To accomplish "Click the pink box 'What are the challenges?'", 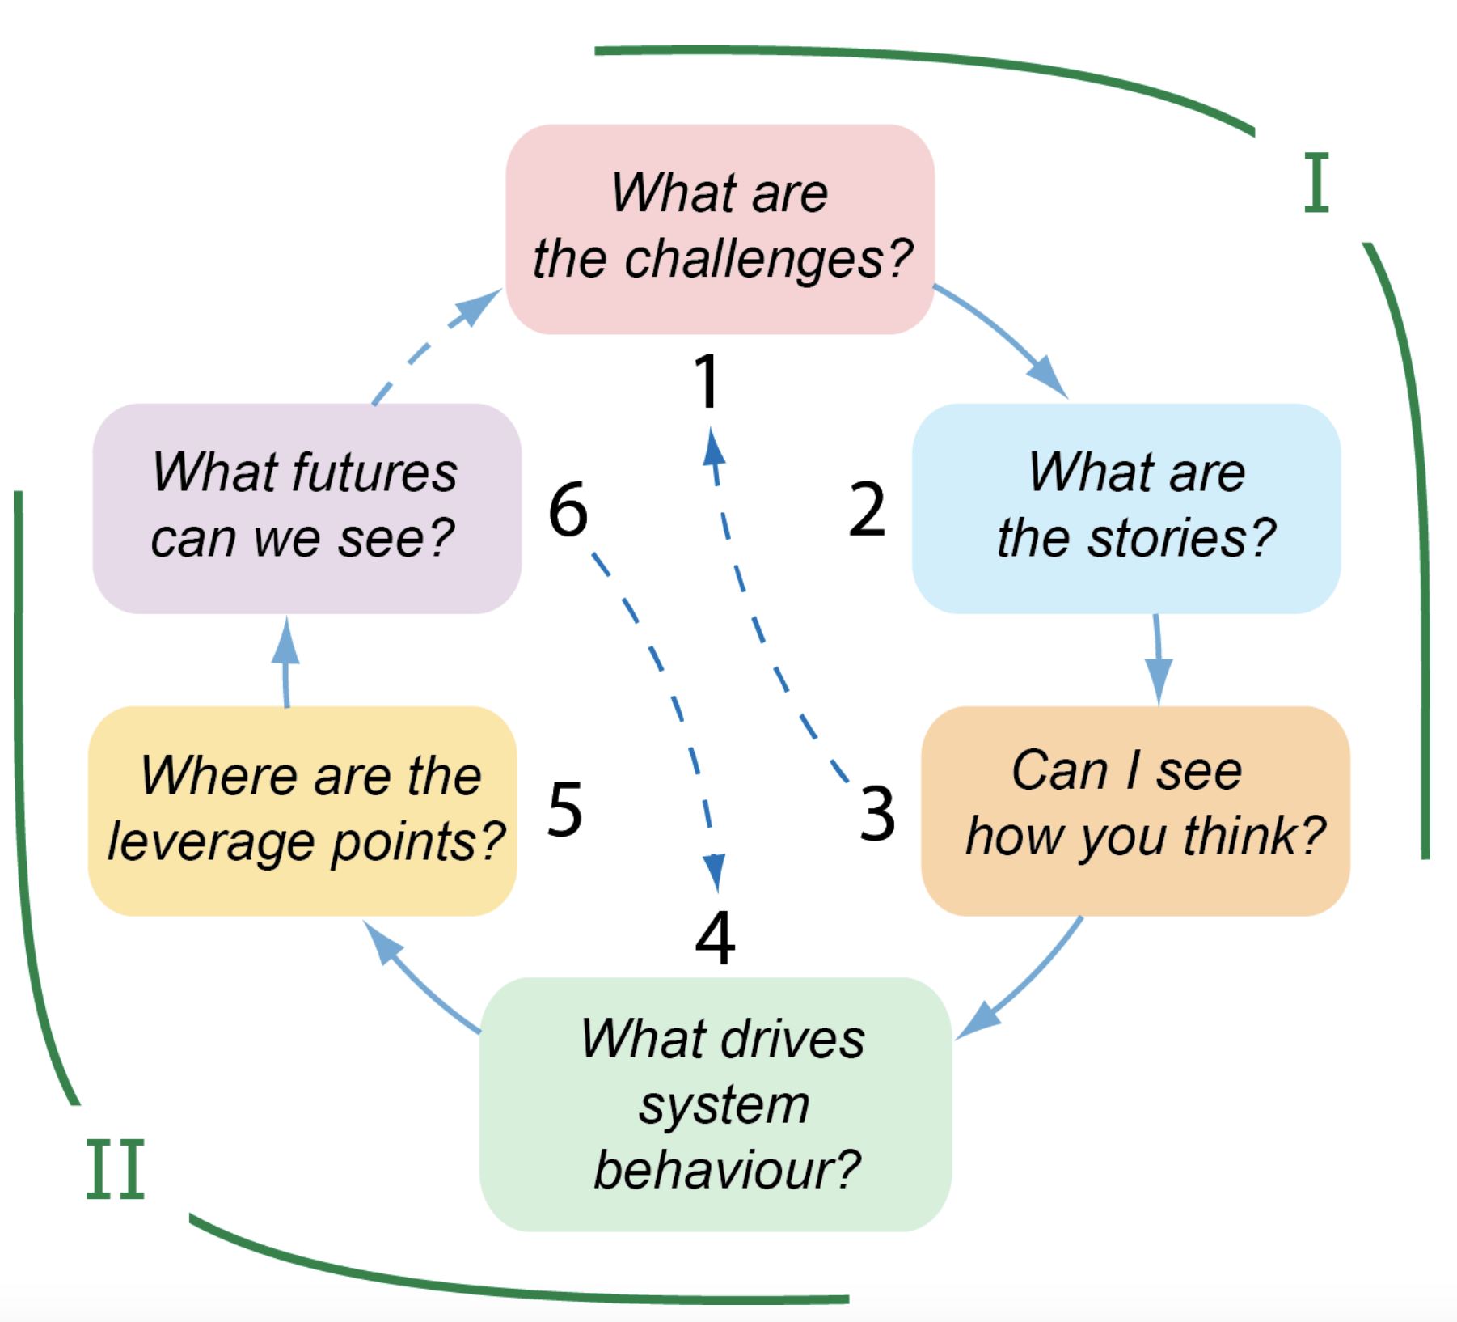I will [x=720, y=228].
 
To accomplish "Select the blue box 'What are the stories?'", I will [x=1125, y=508].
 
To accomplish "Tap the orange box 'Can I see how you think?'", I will [x=1135, y=811].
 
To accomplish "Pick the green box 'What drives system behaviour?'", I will [x=716, y=1104].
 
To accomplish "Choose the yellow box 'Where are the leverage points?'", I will [x=302, y=811].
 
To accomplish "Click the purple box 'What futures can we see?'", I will [x=306, y=508].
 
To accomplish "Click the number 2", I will [x=867, y=510].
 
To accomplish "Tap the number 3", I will [x=877, y=812].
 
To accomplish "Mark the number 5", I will [x=564, y=809].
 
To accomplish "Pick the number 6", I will [x=568, y=510].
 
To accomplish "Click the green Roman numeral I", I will [x=1316, y=183].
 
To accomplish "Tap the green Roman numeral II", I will [x=115, y=1169].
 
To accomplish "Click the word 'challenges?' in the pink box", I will [x=768, y=259].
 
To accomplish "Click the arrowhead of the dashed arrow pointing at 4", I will [x=715, y=872].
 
